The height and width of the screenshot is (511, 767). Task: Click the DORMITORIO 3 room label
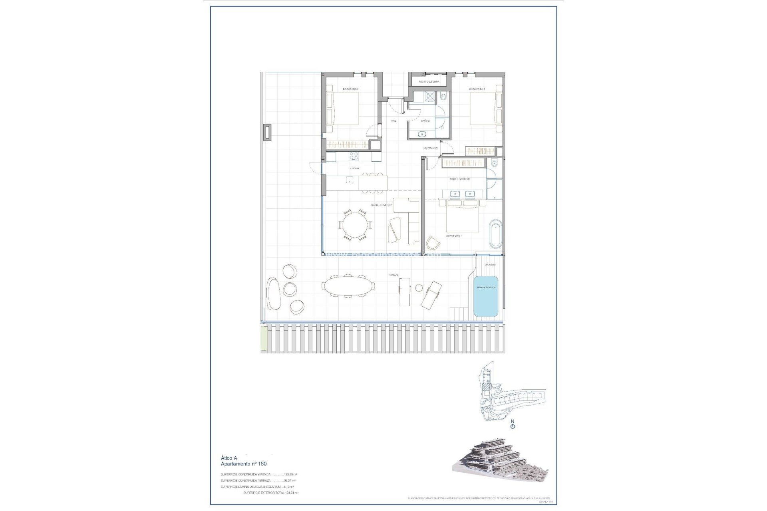(350, 89)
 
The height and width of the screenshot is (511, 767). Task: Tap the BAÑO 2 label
(425, 121)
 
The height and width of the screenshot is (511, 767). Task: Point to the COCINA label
(354, 168)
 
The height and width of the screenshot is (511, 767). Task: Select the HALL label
(394, 121)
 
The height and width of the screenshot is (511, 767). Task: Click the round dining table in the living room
(355, 225)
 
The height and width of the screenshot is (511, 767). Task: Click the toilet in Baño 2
(443, 97)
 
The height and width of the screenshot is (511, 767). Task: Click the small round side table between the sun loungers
(419, 288)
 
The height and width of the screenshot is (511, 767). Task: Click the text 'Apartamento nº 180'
(244, 464)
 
